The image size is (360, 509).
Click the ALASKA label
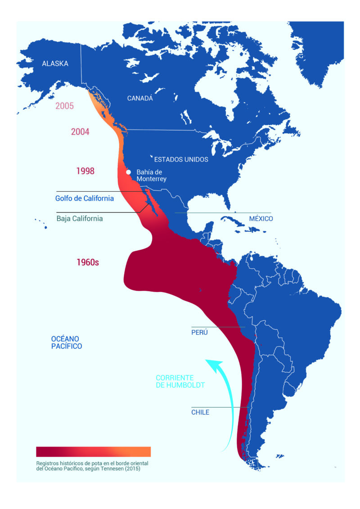[x=55, y=63]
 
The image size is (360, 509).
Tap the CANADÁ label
[x=140, y=98]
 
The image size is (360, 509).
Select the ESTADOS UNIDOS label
[x=181, y=160]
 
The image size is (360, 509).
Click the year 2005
[x=64, y=106]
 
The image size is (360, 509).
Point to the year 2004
[x=80, y=132]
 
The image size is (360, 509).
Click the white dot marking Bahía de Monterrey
[x=128, y=172]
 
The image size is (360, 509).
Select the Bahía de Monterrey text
[x=152, y=176]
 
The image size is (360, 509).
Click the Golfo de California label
[x=85, y=198]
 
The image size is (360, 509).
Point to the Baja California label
[x=80, y=219]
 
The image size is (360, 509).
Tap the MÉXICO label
[x=261, y=219]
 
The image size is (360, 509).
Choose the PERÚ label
[x=200, y=332]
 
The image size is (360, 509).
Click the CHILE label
[x=200, y=412]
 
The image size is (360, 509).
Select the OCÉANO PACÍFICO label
[x=66, y=342]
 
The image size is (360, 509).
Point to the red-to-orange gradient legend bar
[x=93, y=451]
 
